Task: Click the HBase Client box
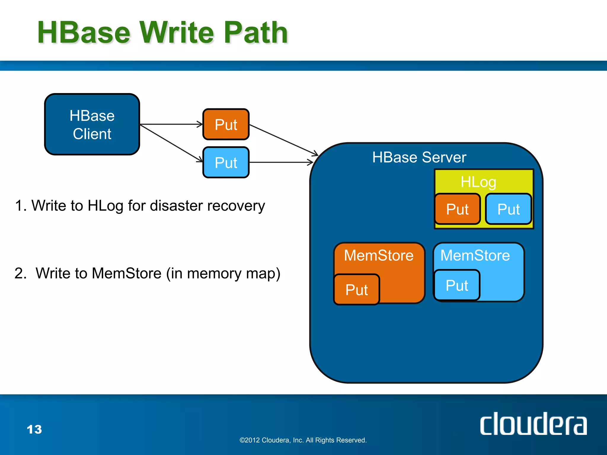(x=92, y=124)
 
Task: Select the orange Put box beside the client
(x=226, y=124)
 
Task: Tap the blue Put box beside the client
(x=226, y=162)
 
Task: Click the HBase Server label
(x=419, y=157)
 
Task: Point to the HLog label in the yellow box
(x=478, y=182)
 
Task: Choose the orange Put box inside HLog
(x=457, y=209)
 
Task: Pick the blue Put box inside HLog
(x=508, y=209)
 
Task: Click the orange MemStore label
(x=378, y=255)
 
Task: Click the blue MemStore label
(x=475, y=255)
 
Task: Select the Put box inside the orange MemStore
(x=357, y=289)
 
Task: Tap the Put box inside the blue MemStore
(x=457, y=285)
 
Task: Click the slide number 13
(x=34, y=429)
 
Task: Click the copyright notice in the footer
(x=303, y=440)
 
